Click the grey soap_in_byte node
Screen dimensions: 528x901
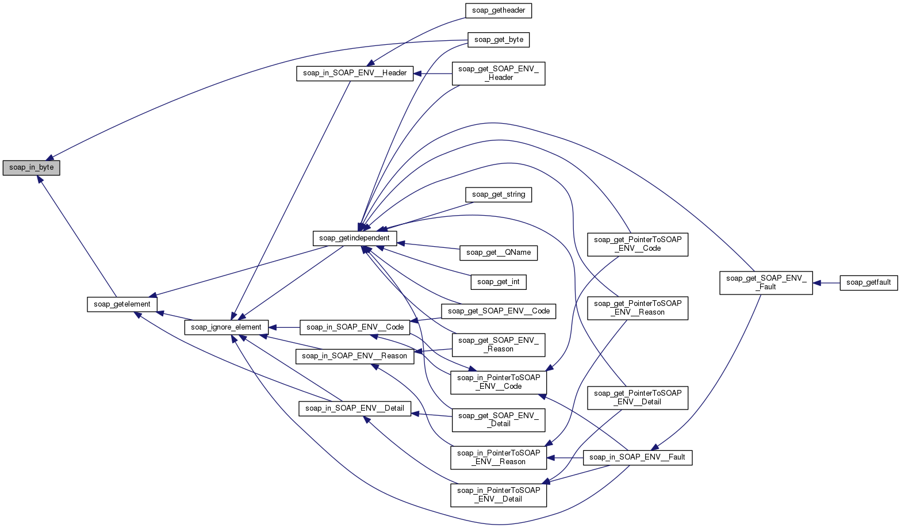[x=32, y=167]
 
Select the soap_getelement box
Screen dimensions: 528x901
[x=121, y=304]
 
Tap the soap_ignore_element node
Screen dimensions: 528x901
[x=226, y=327]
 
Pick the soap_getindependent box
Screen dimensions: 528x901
[x=354, y=238]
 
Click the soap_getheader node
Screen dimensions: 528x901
[x=498, y=10]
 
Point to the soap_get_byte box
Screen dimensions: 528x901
[x=499, y=40]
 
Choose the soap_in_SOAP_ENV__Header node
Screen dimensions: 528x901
[x=355, y=73]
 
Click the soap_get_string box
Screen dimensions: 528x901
[x=499, y=194]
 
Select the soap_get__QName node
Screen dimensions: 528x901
[x=499, y=252]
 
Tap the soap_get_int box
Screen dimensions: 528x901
[x=499, y=281]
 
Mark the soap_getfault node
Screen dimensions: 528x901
[x=868, y=282]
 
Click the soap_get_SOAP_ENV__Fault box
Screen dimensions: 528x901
[x=766, y=282]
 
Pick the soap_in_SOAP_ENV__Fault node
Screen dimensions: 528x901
[x=637, y=457]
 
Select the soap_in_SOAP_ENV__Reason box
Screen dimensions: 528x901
[x=354, y=356]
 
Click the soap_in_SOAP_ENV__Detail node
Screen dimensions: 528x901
[x=355, y=408]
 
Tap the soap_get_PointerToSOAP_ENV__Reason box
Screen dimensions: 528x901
[x=637, y=308]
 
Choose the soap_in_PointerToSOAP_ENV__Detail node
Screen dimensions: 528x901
[x=498, y=495]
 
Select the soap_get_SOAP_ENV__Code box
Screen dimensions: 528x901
[x=499, y=311]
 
